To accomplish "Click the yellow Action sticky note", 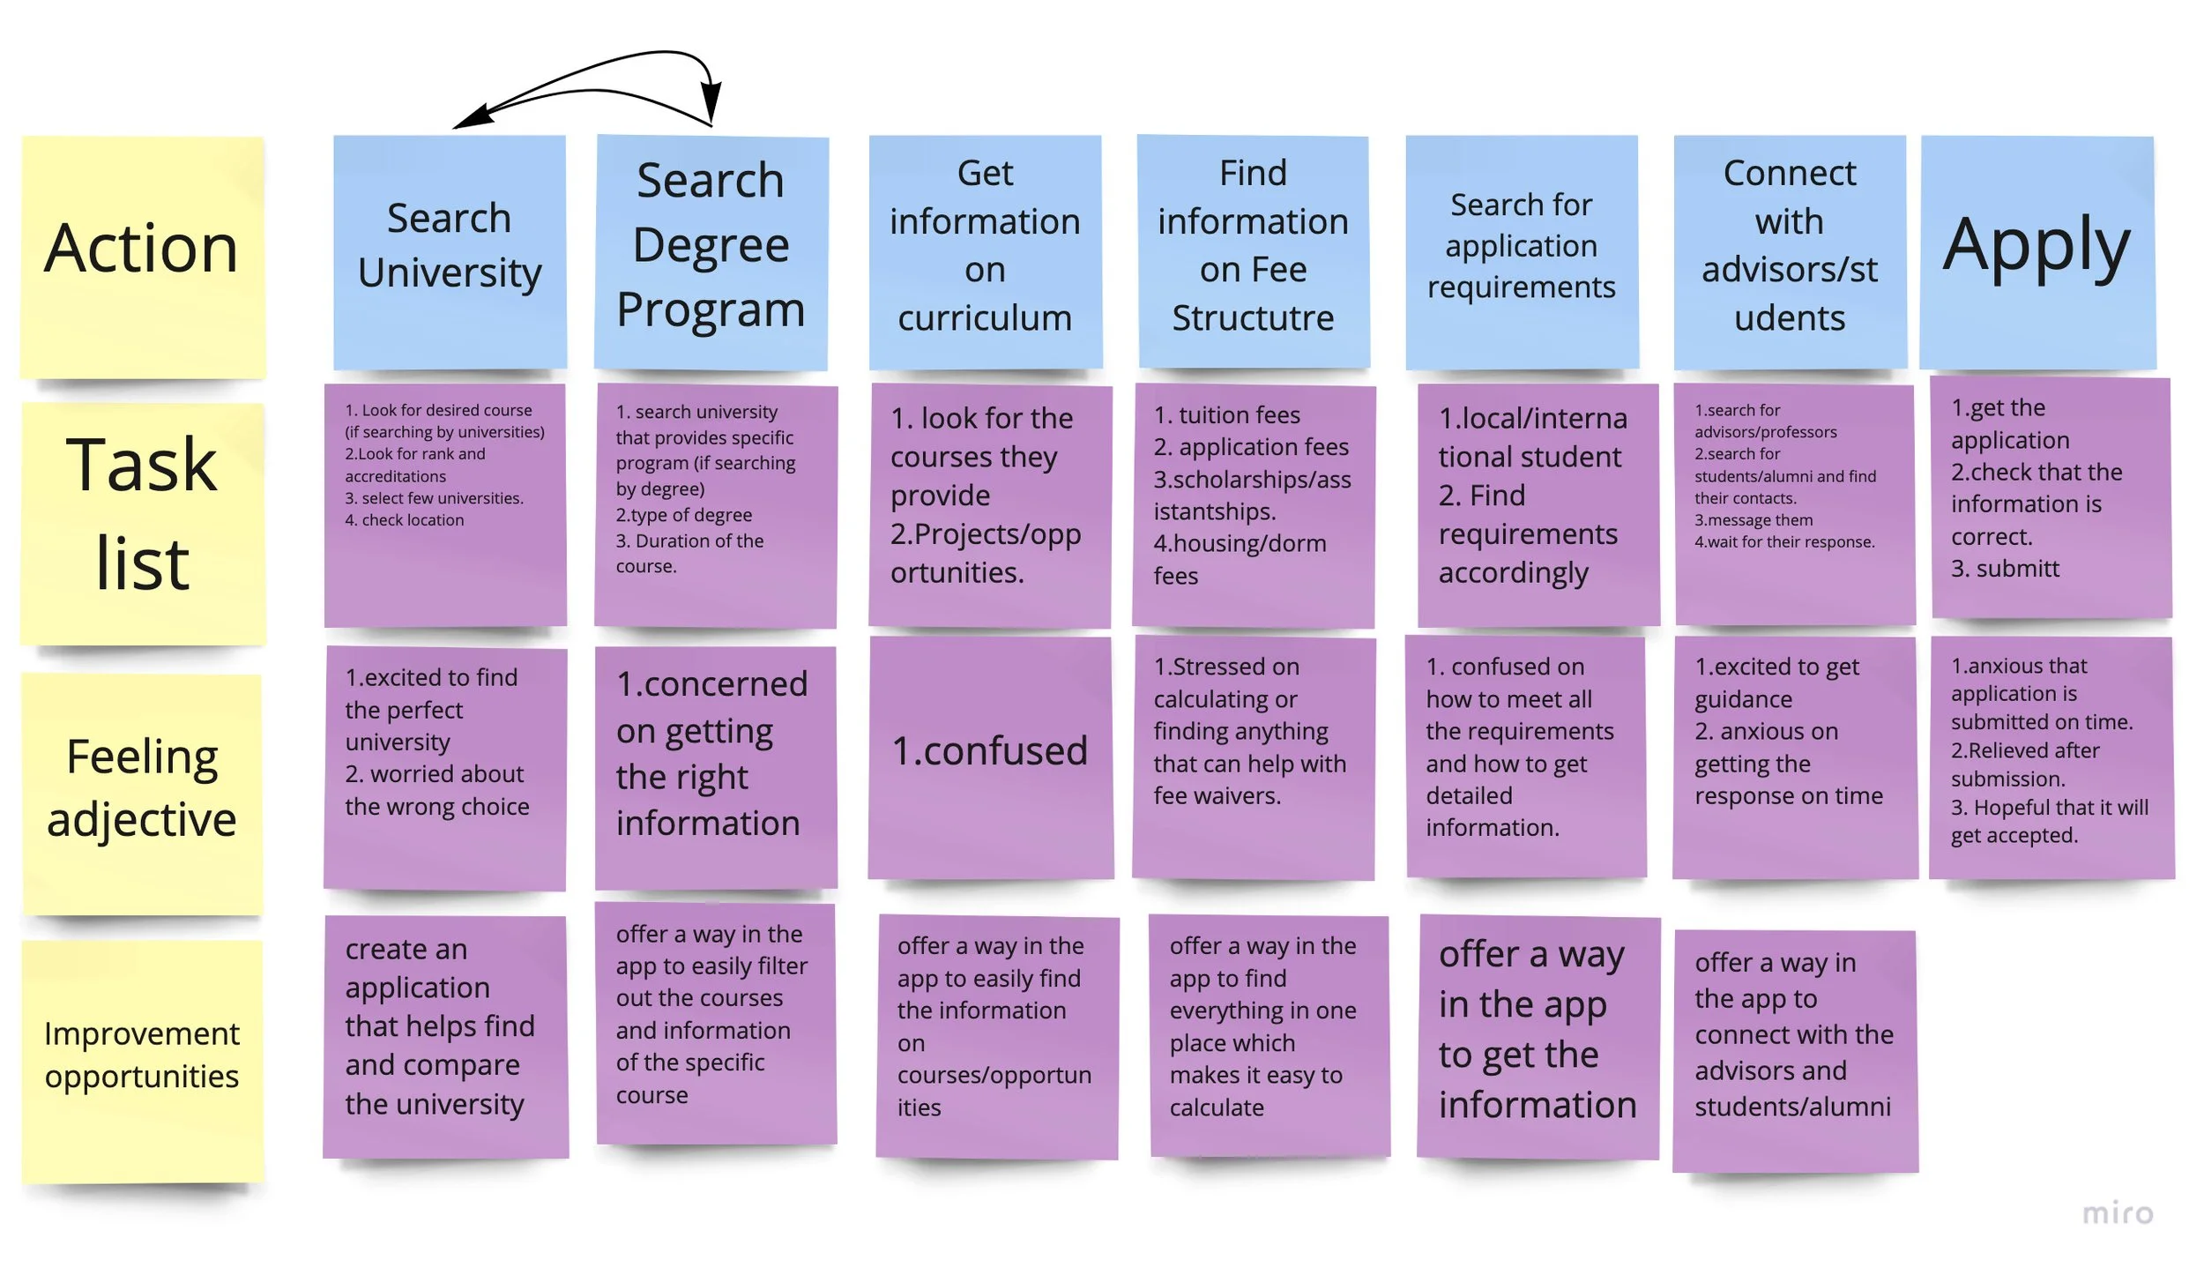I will coord(142,256).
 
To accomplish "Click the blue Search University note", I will coord(450,251).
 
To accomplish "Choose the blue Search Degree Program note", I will coord(711,251).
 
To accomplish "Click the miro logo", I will coord(2118,1213).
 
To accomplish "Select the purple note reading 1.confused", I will coord(990,754).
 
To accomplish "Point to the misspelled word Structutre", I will coord(1253,318).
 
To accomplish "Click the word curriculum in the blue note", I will coord(985,318).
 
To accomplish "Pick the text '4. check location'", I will coord(405,520).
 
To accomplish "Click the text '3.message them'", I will coord(1754,520).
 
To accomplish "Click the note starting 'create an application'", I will coord(445,1036).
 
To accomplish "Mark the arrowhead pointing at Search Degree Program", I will coord(712,106).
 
